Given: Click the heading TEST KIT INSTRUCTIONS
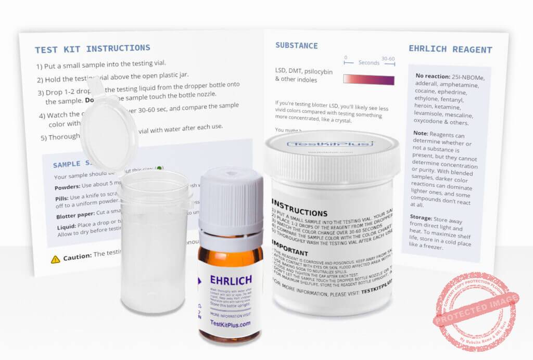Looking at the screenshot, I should [x=92, y=49].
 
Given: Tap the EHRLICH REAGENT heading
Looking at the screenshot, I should [x=450, y=50].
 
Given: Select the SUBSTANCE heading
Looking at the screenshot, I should [x=296, y=46].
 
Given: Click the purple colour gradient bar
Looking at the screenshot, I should [x=368, y=80].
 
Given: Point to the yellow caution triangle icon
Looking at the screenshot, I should [x=55, y=259].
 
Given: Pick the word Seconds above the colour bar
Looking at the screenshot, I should [x=369, y=63].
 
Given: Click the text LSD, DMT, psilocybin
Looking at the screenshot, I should [x=303, y=71].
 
